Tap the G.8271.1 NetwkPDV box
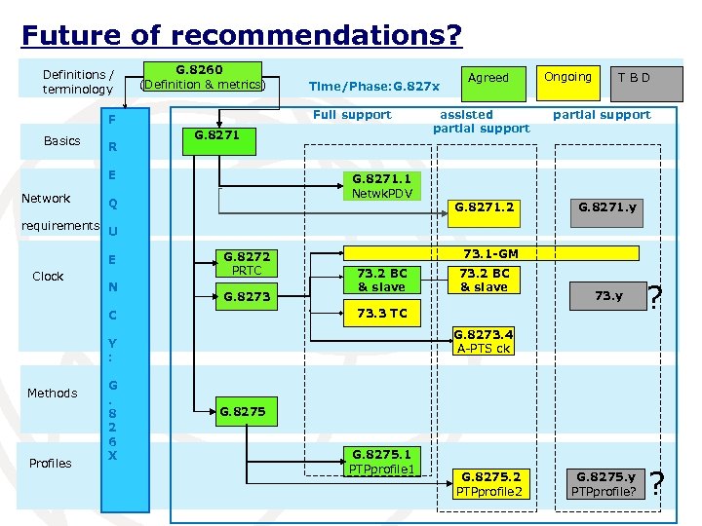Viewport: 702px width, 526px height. tap(382, 186)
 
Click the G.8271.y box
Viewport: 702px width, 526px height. tap(607, 207)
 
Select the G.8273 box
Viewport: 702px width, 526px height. tap(247, 295)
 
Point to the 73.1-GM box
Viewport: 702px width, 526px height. tap(490, 253)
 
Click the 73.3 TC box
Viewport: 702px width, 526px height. tap(382, 313)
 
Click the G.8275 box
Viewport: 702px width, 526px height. tap(243, 411)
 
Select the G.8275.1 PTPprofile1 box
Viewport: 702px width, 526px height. tap(382, 463)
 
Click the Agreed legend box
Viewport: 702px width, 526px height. tap(488, 78)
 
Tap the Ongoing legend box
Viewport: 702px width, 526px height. tap(567, 78)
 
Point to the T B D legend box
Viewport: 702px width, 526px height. tap(633, 78)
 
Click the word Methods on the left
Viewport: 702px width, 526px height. tap(52, 393)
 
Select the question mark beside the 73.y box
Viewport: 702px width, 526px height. tap(657, 295)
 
